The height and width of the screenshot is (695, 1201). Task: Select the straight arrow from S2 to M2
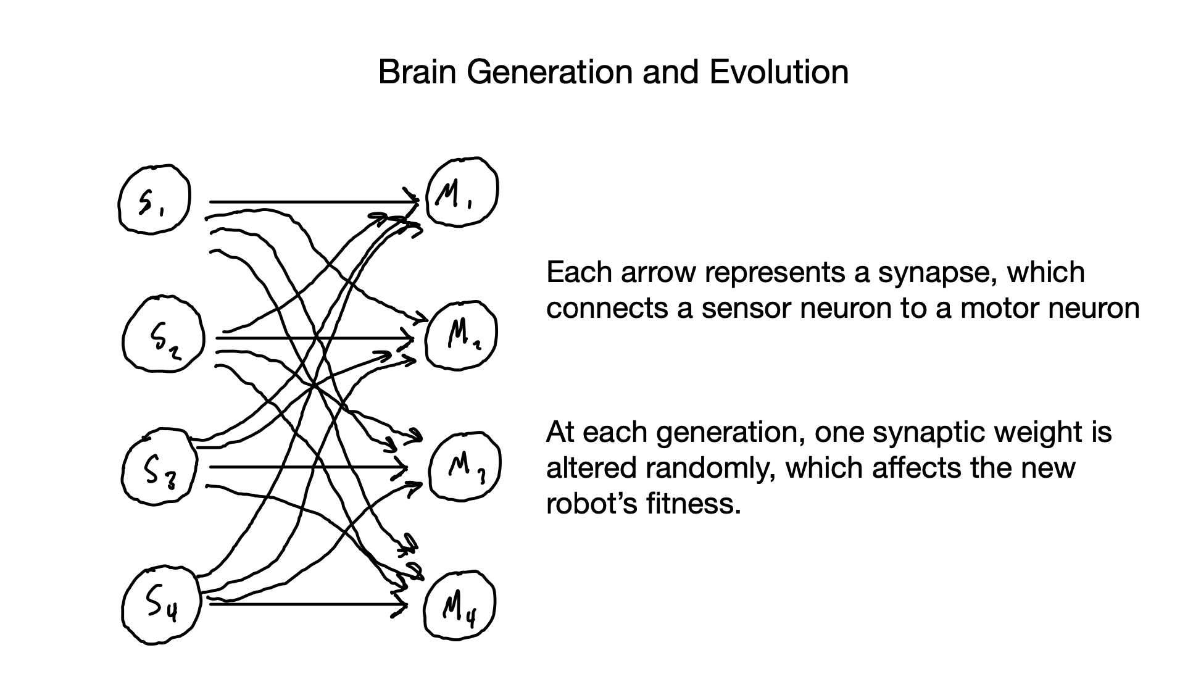coord(314,338)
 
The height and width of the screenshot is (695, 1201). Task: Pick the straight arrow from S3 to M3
coord(309,467)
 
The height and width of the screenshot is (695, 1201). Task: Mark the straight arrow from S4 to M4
coord(309,604)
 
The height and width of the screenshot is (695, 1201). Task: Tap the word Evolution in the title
coord(779,72)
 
